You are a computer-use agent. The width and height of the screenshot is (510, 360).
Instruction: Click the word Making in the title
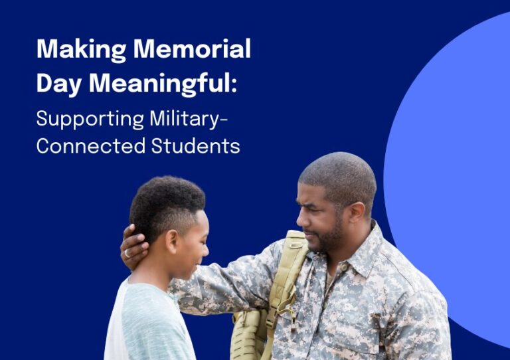coord(81,50)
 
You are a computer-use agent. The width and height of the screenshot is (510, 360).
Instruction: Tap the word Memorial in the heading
coord(192,48)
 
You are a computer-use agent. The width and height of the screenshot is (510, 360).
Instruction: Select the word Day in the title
coord(59,84)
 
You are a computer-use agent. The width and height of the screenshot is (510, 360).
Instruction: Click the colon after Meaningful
coord(234,86)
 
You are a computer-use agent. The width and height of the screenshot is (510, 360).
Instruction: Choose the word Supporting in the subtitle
coord(90,120)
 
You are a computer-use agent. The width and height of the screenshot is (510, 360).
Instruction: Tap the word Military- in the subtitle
coord(189,120)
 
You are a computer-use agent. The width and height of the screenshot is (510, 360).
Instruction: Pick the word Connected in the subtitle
coord(91,146)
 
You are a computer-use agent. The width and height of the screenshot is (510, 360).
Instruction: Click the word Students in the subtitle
coord(195,146)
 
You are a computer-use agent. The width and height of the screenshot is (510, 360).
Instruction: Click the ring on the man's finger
coord(127,253)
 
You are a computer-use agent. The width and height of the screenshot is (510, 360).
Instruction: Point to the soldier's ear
coord(357,215)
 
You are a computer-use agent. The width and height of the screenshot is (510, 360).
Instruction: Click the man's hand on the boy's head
coord(133,248)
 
